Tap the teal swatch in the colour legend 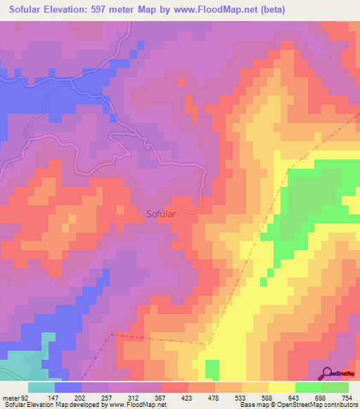pos(41,387)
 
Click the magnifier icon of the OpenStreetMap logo pos(326,374)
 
